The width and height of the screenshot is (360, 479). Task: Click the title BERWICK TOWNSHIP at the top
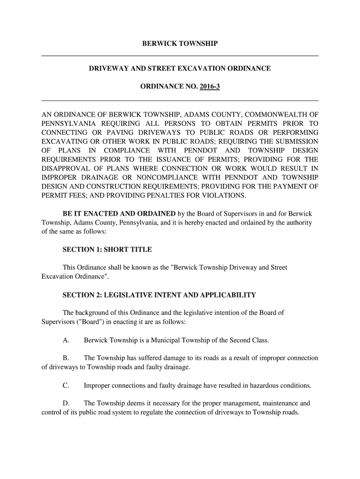(x=180, y=44)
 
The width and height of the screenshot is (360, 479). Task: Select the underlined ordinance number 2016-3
(x=209, y=87)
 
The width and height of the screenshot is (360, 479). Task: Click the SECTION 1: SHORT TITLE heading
(x=107, y=249)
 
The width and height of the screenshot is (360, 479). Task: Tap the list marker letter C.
(x=65, y=385)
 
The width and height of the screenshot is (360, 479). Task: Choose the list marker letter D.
(x=65, y=403)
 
